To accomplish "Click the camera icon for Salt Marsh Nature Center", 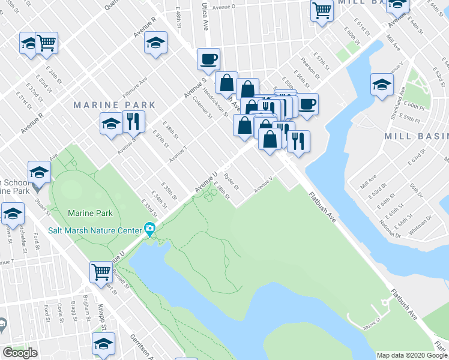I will click(149, 229).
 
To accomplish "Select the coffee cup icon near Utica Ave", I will click(208, 59).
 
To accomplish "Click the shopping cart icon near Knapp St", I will click(101, 272).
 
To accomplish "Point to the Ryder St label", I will click(231, 181).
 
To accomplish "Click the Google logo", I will click(20, 353).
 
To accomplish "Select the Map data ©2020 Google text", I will click(412, 355).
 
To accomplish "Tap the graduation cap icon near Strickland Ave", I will click(381, 84).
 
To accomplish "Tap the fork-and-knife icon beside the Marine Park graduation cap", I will click(133, 121).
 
